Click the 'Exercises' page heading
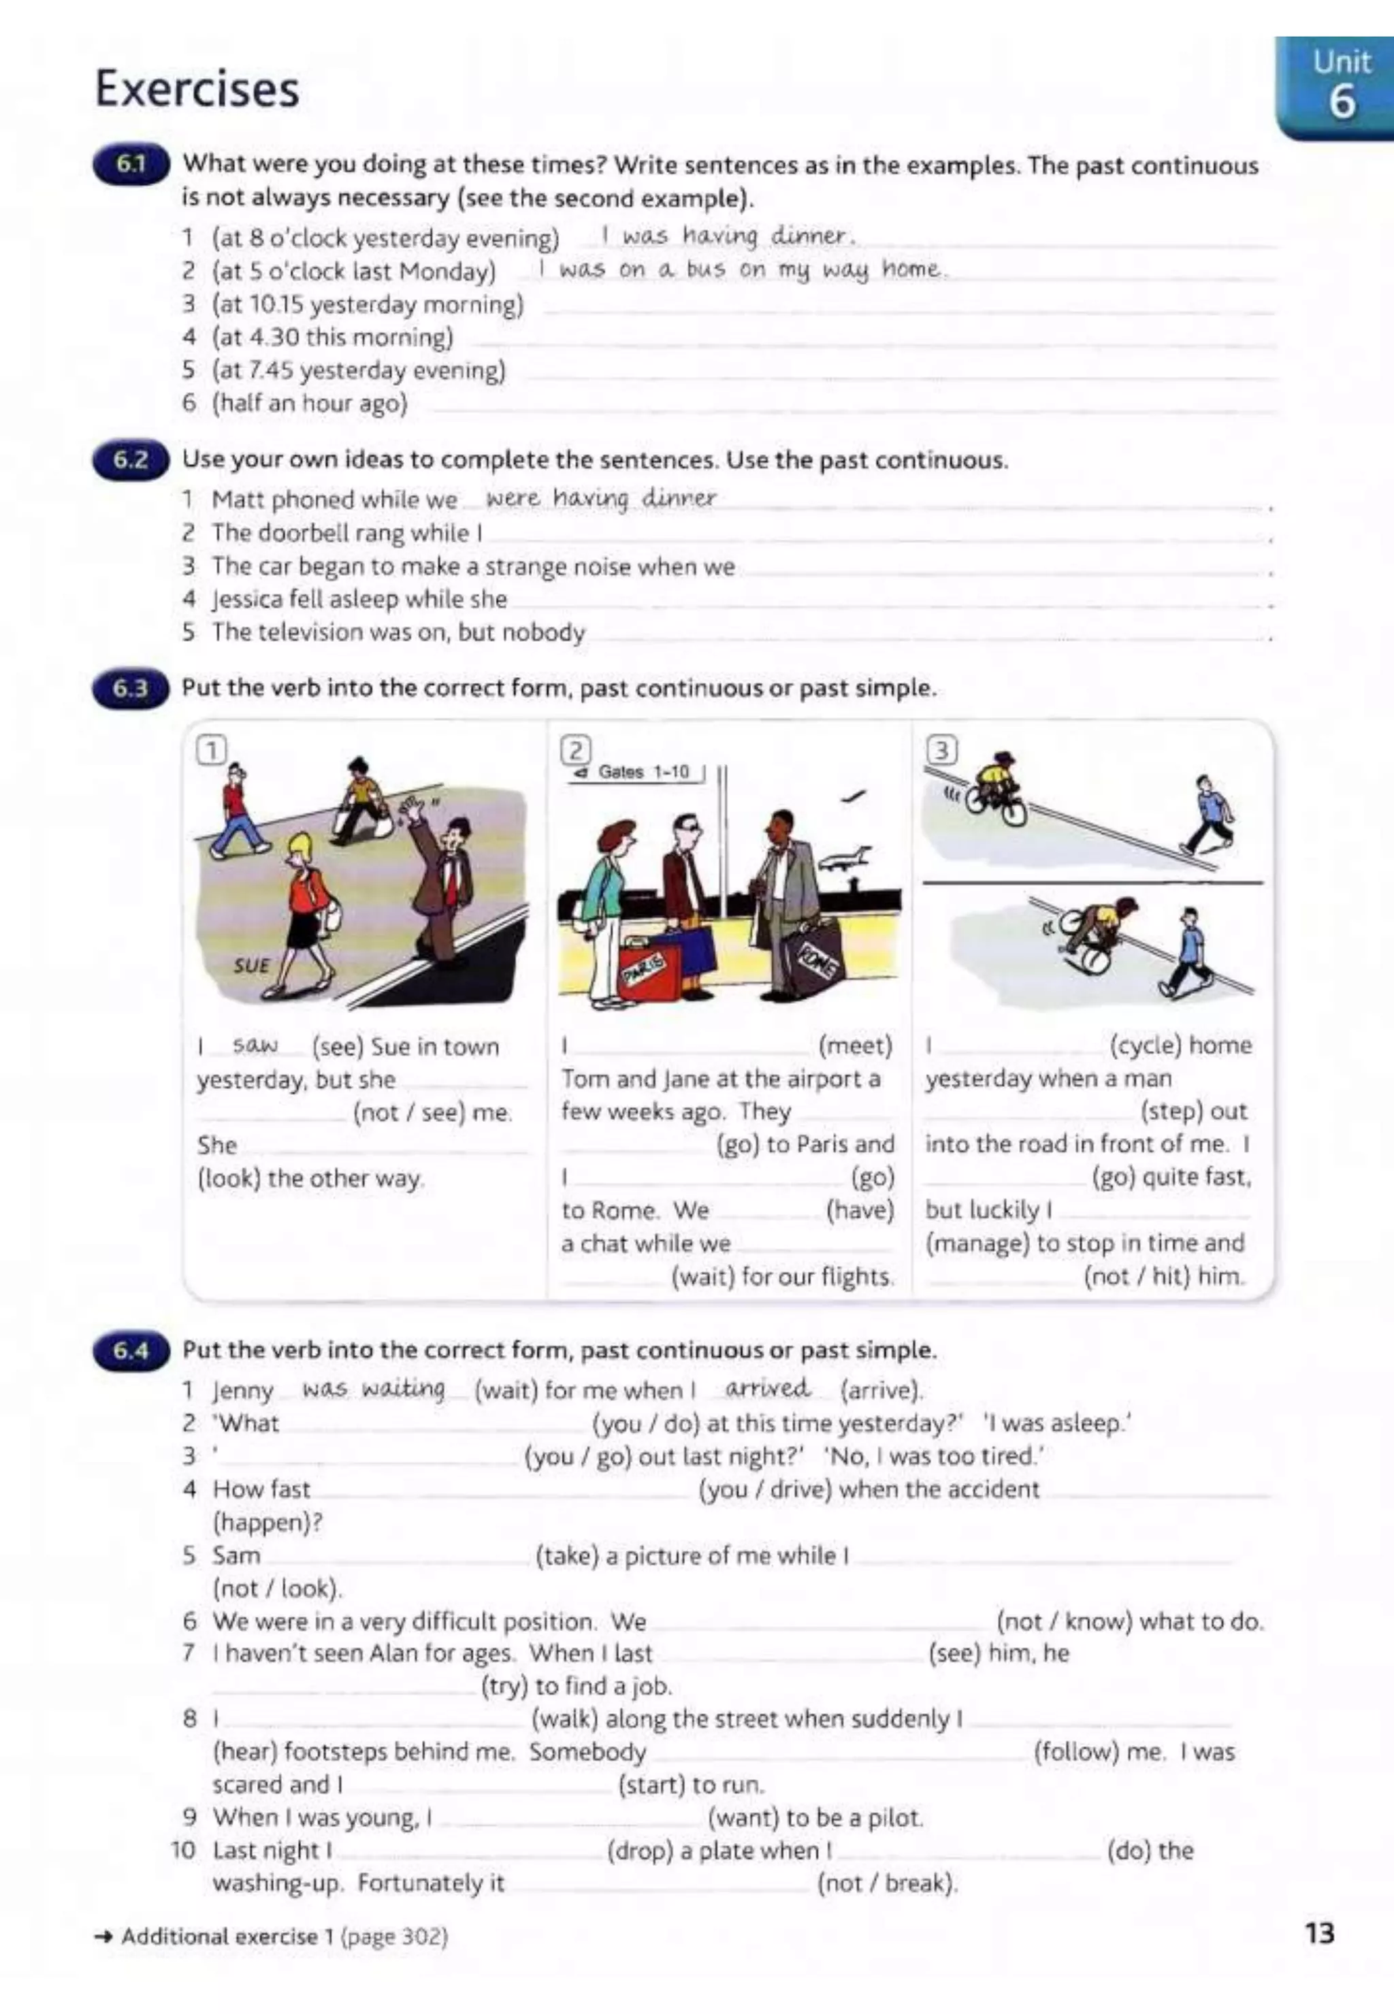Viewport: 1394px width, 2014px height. pyautogui.click(x=197, y=90)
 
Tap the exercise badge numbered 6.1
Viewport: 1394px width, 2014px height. pyautogui.click(x=129, y=164)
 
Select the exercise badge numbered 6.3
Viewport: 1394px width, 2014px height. pyautogui.click(x=129, y=688)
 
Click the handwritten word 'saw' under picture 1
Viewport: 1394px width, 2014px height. pyautogui.click(x=255, y=1045)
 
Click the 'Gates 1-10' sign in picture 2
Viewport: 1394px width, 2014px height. pyautogui.click(x=636, y=772)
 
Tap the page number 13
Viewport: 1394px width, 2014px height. pyautogui.click(x=1319, y=1934)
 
